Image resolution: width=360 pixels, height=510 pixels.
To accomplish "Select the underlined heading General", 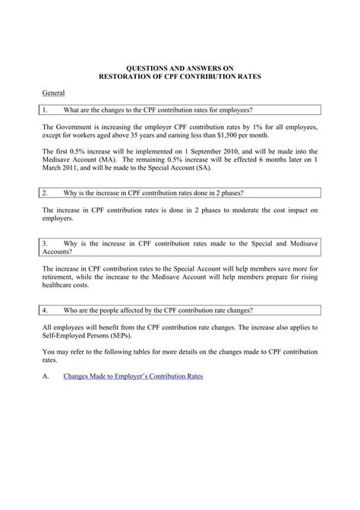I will tap(52, 92).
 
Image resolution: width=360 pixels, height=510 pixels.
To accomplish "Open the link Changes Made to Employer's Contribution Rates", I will tap(133, 376).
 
